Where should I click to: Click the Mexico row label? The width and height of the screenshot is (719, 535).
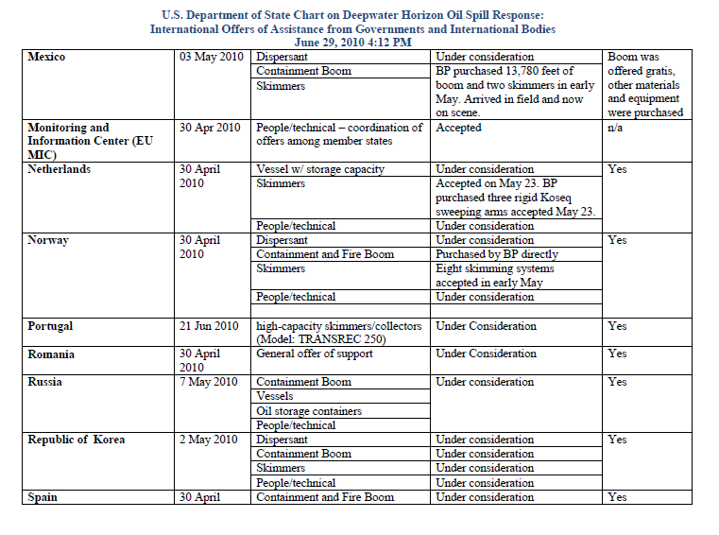coord(46,57)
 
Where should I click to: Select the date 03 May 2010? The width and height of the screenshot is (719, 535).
coord(210,57)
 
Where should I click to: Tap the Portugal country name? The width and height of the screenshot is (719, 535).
coord(50,326)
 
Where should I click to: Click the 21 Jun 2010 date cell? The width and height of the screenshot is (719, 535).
coord(210,326)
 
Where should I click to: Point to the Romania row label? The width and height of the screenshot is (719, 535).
coord(51,354)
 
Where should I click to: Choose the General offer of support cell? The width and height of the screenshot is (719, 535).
coord(315,354)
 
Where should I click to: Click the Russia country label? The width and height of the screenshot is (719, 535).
coord(45,383)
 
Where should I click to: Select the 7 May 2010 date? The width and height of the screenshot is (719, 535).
coord(207,383)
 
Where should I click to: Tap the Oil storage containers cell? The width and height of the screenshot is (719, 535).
coord(309,411)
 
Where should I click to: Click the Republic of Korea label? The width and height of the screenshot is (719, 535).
coord(76,440)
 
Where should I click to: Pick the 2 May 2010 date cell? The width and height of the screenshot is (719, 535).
coord(207,440)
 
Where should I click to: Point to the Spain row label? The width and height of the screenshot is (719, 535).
coord(42,497)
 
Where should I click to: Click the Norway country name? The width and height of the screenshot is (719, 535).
coord(48,240)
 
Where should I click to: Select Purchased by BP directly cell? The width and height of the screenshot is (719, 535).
coord(497,254)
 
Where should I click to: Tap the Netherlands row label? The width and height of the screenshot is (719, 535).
coord(59,169)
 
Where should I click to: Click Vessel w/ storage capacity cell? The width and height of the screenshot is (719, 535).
coord(320,169)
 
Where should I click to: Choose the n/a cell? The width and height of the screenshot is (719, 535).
coord(616,128)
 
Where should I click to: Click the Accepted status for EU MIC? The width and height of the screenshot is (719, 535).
coord(459,128)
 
